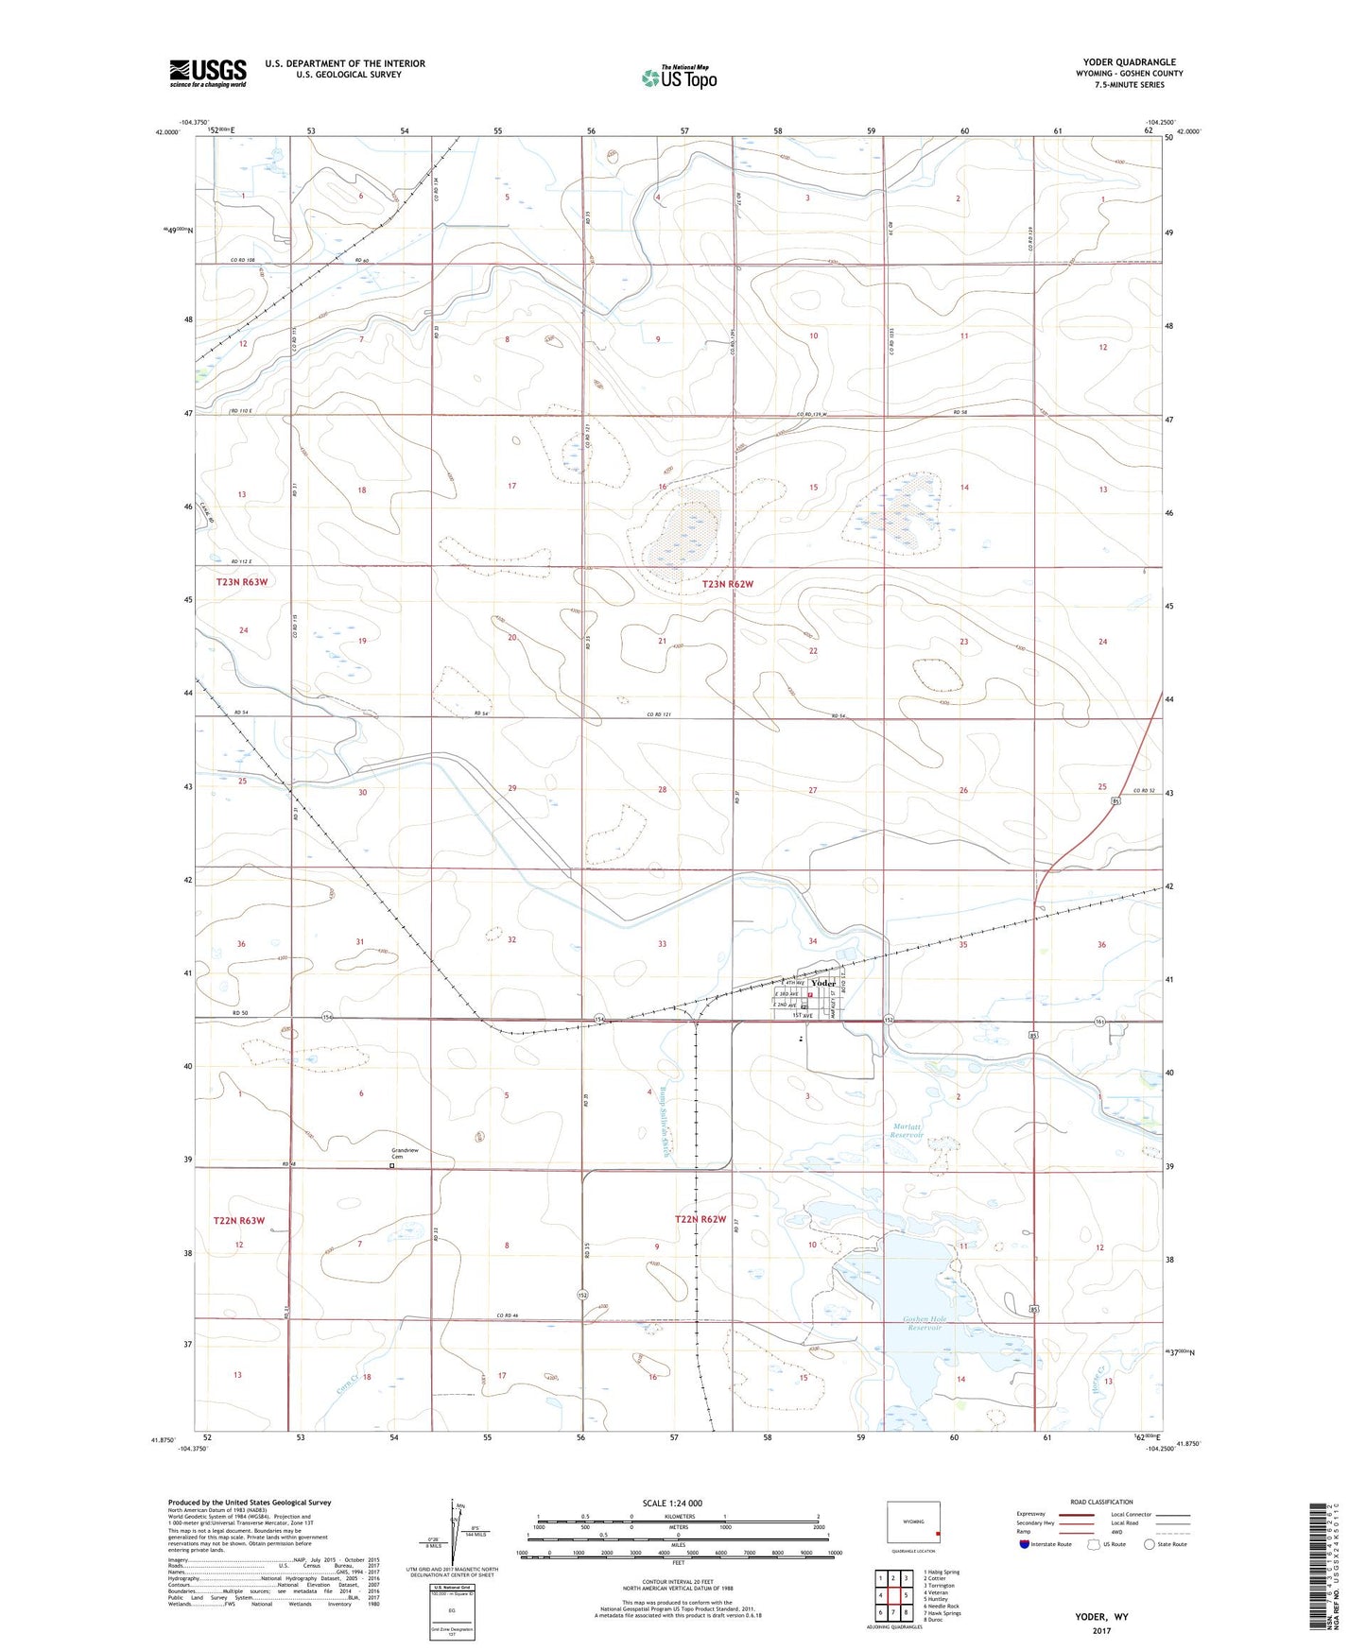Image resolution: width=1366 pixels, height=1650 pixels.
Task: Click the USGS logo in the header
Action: (208, 73)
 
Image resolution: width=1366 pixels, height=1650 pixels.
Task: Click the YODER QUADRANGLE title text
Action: (1130, 62)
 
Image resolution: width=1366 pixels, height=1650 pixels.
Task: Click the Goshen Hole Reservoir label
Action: (923, 1323)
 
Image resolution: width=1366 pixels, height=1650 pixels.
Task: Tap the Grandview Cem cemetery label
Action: (405, 1153)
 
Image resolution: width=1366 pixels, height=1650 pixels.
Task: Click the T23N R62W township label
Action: (728, 584)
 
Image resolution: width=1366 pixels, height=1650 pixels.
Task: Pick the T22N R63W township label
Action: (238, 1221)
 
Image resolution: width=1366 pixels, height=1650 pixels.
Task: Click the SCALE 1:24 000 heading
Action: (672, 1503)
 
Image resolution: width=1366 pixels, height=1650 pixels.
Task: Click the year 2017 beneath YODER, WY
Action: (1101, 1630)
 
